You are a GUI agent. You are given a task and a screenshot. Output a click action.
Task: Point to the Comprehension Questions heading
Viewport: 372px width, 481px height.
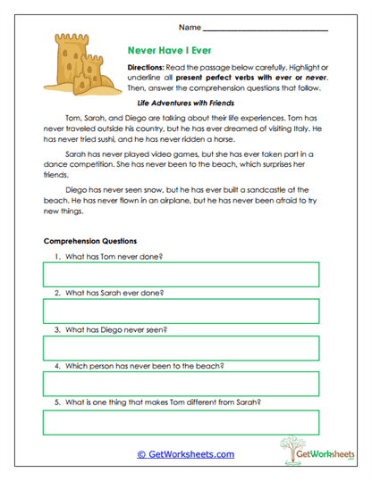coord(89,241)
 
